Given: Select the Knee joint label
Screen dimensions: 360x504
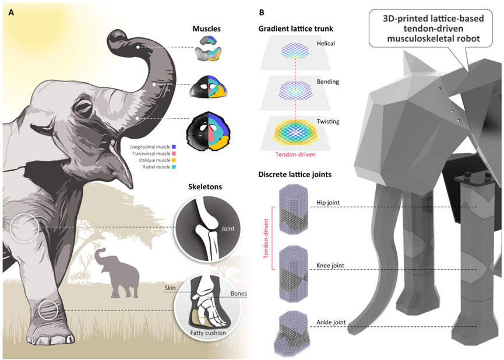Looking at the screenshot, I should click(x=330, y=266).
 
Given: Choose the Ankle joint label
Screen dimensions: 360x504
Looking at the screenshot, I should click(x=330, y=323).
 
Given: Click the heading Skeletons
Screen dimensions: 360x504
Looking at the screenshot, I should click(x=205, y=189).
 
